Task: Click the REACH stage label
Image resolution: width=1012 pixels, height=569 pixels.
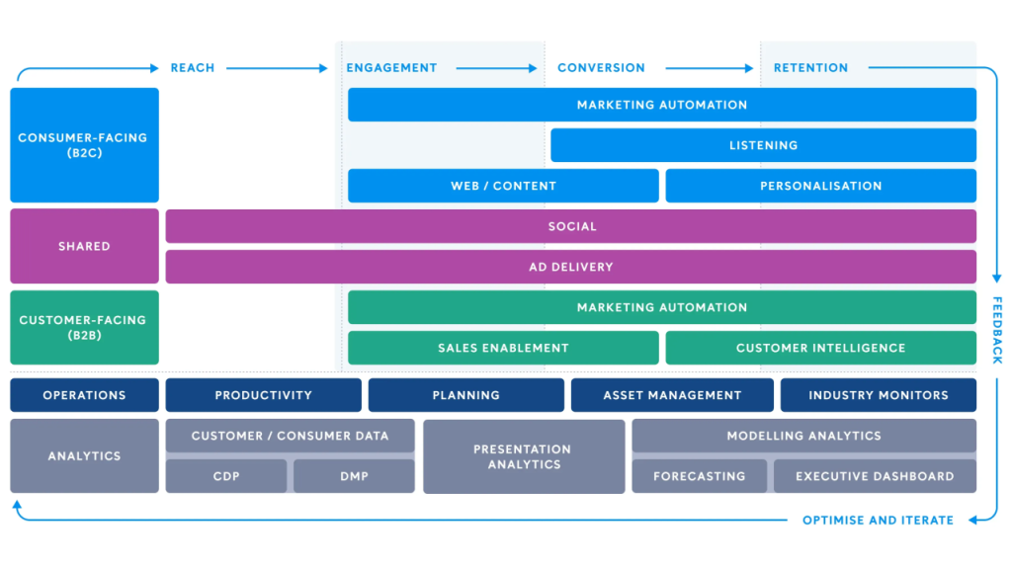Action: [192, 68]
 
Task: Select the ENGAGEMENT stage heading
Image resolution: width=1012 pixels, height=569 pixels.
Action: [391, 68]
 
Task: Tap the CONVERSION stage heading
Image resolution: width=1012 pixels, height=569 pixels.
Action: [601, 68]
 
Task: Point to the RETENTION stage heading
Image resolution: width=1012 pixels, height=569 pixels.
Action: [810, 68]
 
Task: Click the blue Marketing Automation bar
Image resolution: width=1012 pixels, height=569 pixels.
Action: [662, 105]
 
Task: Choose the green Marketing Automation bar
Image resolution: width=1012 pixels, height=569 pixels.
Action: [662, 307]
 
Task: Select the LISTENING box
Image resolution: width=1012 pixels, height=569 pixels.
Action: [763, 145]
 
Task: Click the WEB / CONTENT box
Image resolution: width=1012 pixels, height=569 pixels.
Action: [503, 186]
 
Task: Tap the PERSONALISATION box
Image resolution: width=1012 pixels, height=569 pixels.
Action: [820, 186]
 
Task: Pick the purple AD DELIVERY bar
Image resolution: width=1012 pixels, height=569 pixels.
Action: [570, 267]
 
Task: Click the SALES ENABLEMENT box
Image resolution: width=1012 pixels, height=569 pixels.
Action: [503, 348]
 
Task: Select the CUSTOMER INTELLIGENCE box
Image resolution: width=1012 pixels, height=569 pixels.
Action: [820, 348]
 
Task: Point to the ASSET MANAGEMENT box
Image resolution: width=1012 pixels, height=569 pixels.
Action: [672, 395]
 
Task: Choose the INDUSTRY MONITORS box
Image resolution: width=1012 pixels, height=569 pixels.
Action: [878, 395]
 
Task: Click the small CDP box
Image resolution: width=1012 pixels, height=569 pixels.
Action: [226, 476]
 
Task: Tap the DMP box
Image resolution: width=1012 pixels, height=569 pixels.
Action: [354, 476]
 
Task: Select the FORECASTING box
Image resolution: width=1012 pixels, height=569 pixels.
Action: [699, 476]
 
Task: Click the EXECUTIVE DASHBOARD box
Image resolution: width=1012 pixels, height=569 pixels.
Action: [875, 476]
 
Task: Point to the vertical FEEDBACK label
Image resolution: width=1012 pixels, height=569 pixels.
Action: [997, 329]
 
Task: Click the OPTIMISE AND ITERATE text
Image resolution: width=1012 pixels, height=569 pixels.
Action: [878, 520]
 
